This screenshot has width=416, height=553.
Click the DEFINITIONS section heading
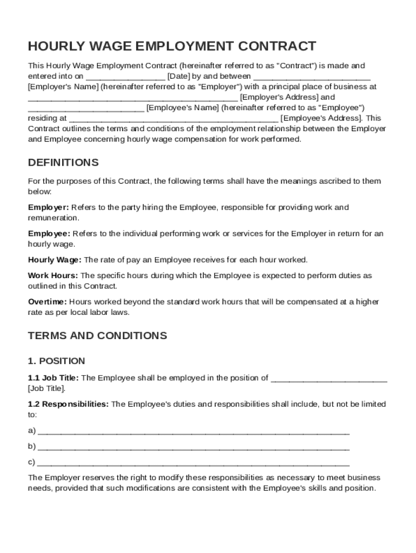click(63, 163)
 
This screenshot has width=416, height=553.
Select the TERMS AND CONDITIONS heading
click(97, 335)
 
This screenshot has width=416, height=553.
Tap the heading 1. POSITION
click(56, 361)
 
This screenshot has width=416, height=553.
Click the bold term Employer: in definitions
click(48, 207)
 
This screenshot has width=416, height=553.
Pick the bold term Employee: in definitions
click(49, 233)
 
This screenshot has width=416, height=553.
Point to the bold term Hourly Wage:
click(55, 260)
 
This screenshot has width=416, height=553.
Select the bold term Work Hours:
click(53, 275)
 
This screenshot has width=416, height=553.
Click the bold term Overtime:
click(48, 301)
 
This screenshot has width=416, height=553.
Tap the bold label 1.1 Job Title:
click(53, 378)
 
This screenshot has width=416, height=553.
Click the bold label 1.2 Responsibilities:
click(68, 404)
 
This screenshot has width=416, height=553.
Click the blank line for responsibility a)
click(193, 432)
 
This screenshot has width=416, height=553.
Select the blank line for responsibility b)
click(193, 448)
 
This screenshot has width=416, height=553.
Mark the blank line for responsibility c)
click(193, 463)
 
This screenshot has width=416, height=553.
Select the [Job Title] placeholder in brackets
click(47, 388)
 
